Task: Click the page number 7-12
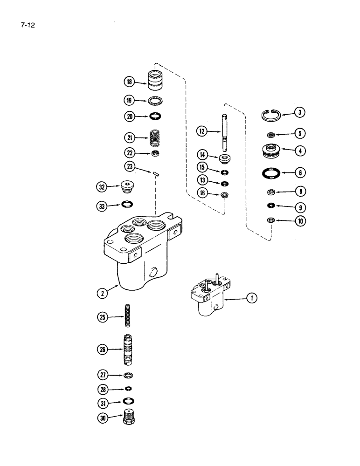[x=28, y=23]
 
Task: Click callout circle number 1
[x=251, y=297]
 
